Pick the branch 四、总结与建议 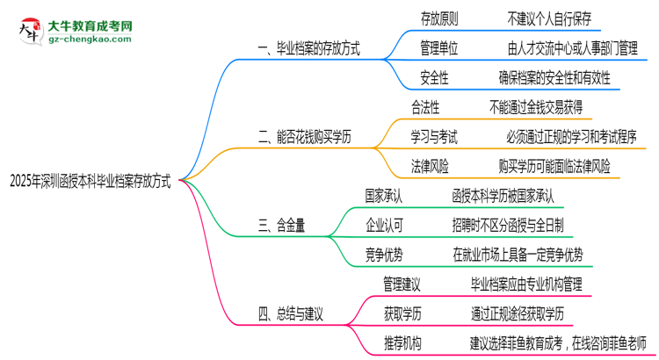pos(297,313)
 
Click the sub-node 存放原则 pos(438,18)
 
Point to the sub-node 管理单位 pos(438,47)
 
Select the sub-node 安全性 pos(434,77)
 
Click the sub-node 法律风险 pos(430,165)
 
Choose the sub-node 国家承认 pos(385,195)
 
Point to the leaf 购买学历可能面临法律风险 pos(554,165)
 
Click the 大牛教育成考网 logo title pos(91,26)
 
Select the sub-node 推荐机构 pos(402,342)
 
